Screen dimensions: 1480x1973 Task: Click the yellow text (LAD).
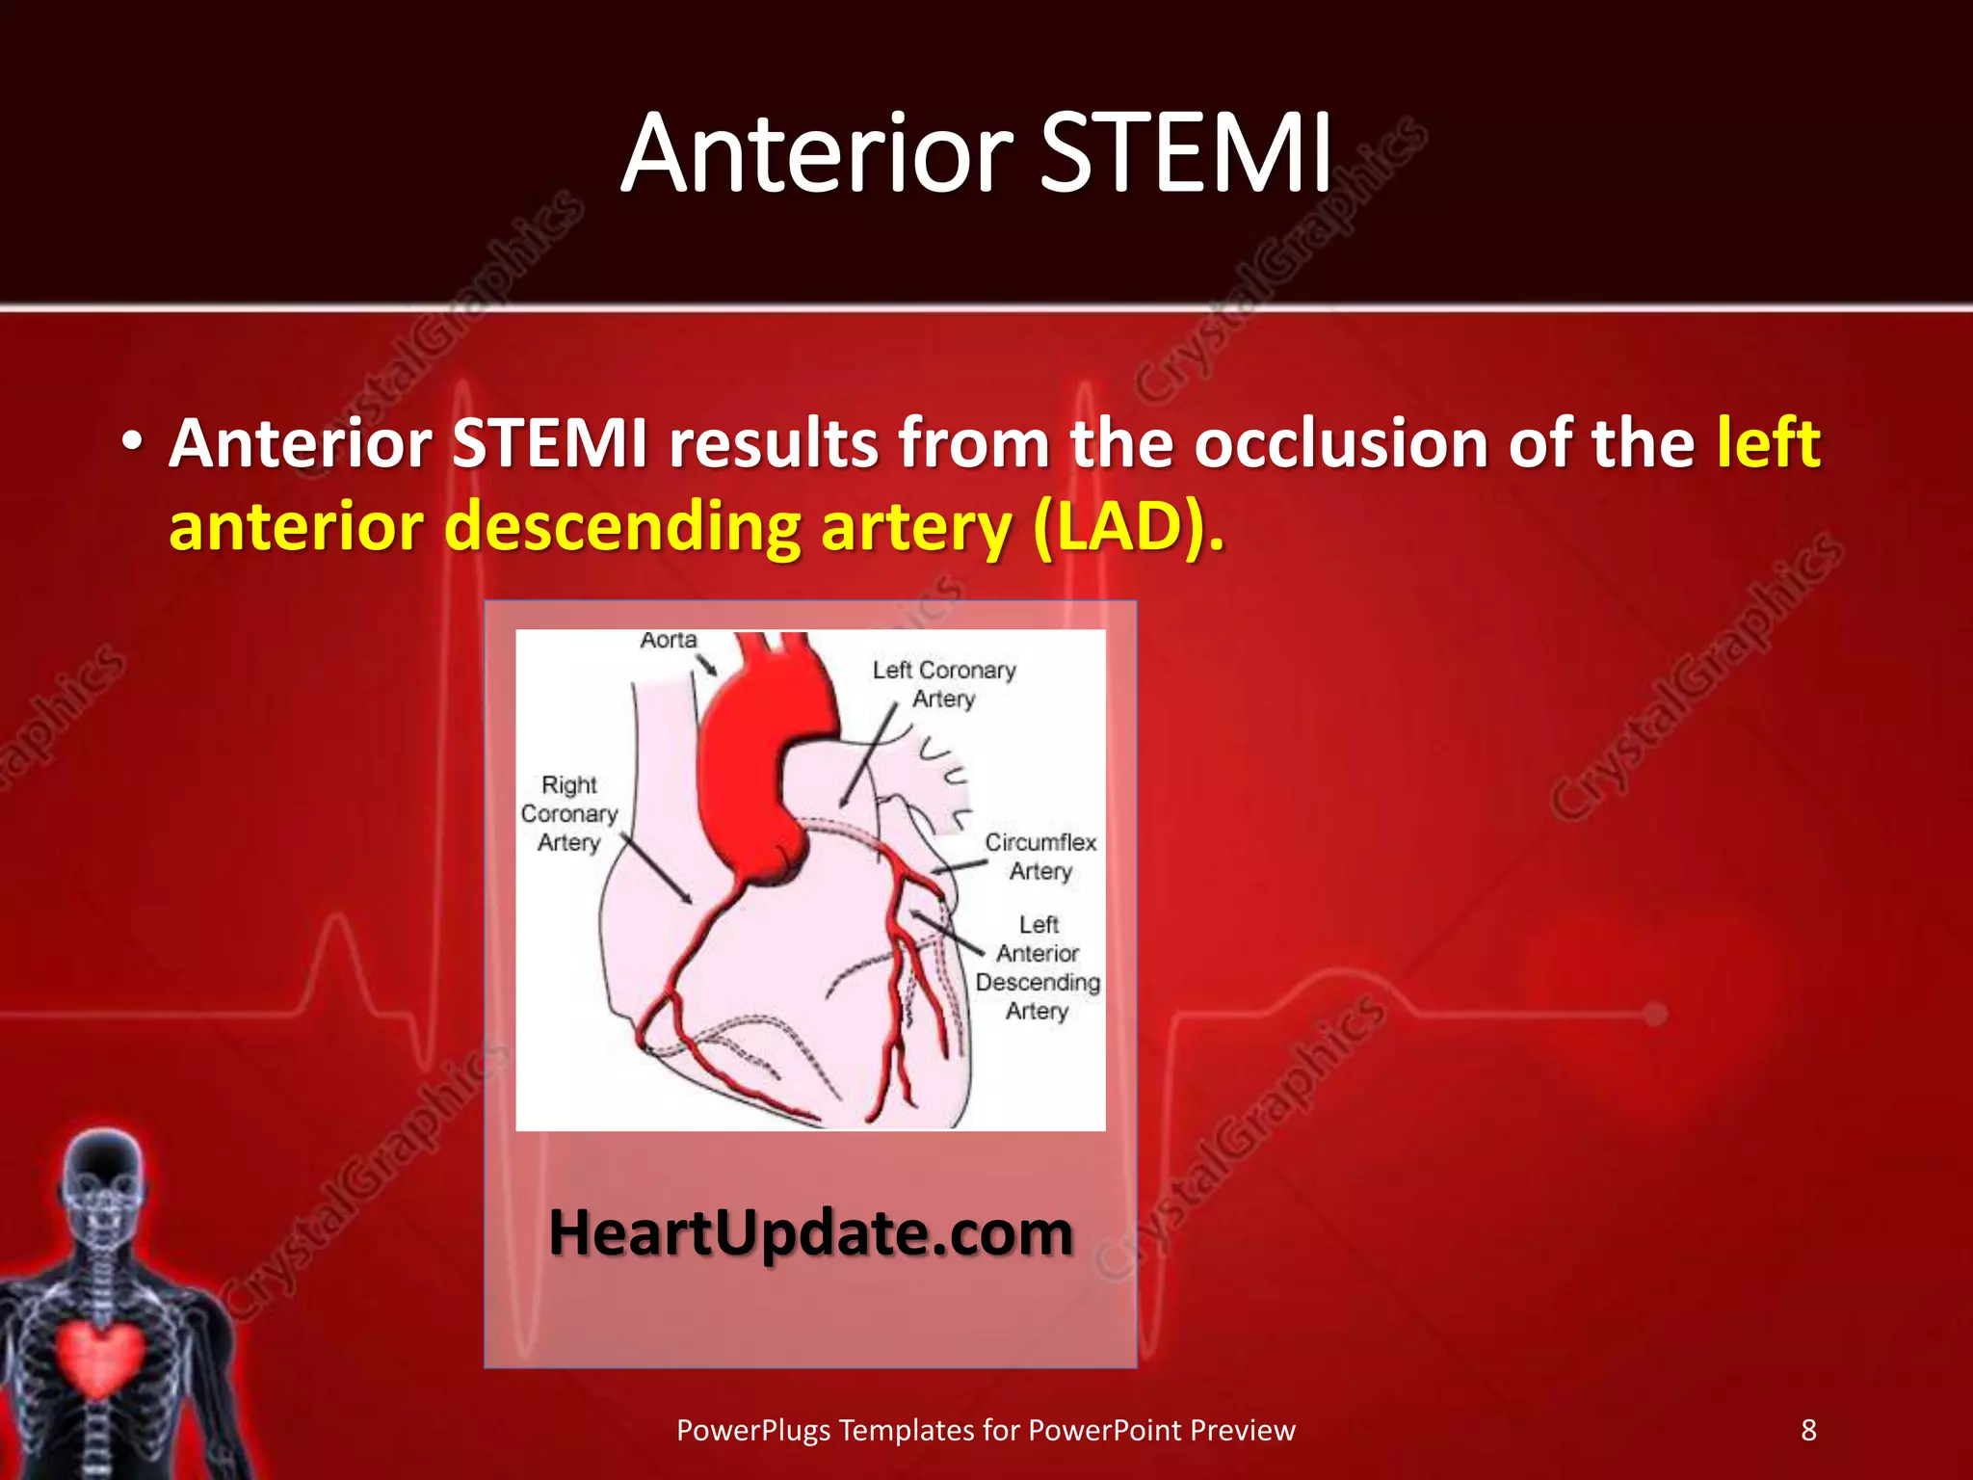[1127, 528]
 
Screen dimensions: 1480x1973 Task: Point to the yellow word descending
[622, 528]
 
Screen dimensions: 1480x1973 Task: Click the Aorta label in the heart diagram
[668, 640]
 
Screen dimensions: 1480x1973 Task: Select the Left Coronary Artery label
[944, 683]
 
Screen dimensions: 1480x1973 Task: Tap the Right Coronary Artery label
[568, 813]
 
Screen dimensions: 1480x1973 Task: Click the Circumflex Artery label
[1040, 856]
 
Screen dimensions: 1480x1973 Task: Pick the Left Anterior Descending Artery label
[1038, 966]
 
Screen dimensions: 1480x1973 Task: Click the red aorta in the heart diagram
[761, 752]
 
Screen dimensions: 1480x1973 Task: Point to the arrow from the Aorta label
[708, 665]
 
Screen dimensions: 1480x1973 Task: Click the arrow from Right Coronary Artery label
[655, 869]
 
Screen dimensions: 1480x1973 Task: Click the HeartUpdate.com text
[810, 1232]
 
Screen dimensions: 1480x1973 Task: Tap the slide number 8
[1808, 1430]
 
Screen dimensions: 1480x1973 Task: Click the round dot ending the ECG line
[1655, 1014]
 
